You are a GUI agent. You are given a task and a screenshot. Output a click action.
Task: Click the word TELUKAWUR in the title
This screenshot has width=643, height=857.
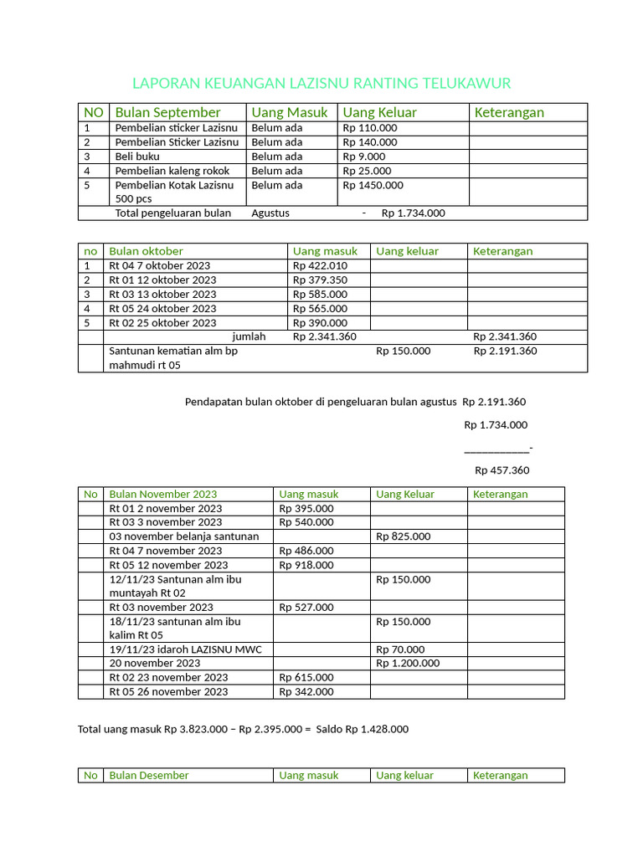[467, 83]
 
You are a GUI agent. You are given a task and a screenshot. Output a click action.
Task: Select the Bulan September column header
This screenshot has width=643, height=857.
[167, 112]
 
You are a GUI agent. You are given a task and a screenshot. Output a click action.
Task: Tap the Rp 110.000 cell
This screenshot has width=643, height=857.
[370, 128]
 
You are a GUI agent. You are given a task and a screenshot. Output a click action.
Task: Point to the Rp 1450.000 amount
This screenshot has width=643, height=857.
[373, 185]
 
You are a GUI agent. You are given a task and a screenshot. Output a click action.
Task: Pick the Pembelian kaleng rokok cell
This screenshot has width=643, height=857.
[172, 171]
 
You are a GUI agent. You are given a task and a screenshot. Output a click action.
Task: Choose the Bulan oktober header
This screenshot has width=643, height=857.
[146, 251]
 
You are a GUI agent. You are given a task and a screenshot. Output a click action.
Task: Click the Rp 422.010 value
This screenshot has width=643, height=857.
[320, 265]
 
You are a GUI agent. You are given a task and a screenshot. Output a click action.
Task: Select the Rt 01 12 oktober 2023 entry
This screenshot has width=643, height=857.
[162, 280]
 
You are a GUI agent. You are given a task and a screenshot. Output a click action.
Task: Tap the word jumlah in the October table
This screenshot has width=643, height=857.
[249, 336]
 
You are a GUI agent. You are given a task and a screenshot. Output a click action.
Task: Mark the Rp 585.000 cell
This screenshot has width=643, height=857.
[320, 294]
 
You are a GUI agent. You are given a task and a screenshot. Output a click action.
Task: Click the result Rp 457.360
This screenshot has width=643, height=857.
[502, 470]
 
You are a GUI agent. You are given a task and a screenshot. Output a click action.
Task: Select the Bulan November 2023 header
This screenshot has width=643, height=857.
[162, 494]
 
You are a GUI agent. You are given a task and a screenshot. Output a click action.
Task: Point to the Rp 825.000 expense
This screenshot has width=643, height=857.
[404, 536]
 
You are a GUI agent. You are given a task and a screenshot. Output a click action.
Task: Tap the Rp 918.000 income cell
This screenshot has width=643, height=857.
[306, 565]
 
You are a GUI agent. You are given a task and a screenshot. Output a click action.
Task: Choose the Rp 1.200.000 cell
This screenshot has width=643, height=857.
[408, 663]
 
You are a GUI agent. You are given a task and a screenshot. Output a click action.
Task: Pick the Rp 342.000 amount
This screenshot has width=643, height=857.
[306, 691]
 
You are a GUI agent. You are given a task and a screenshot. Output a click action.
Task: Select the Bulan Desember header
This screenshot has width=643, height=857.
[149, 775]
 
